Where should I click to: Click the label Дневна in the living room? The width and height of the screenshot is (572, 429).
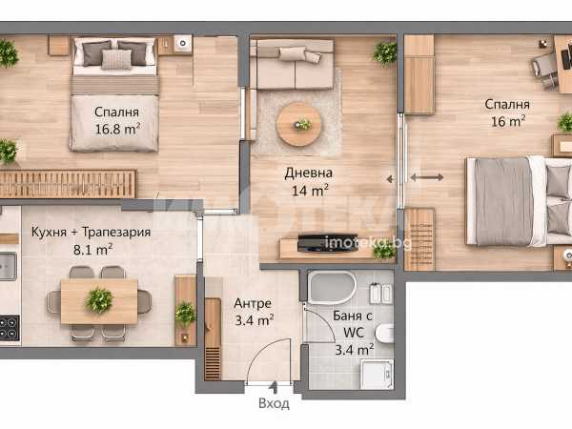point(308,173)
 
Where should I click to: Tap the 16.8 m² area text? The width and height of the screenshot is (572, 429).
point(117,129)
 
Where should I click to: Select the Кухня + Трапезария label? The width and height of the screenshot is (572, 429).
point(91,232)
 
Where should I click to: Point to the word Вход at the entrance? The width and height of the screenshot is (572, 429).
point(274,403)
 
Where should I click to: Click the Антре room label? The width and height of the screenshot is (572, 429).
point(253,303)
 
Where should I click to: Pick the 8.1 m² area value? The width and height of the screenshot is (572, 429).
point(93,250)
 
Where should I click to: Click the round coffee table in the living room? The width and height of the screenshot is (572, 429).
point(298,124)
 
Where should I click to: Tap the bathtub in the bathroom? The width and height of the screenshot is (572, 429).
point(332,288)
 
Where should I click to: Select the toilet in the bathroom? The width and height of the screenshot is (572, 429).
point(384,333)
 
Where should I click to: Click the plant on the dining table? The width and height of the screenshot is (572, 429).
point(99,300)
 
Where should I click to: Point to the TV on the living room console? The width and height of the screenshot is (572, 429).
point(328,242)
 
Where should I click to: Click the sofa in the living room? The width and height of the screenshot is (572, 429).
point(292,64)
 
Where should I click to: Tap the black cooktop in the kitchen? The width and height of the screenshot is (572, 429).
point(10,328)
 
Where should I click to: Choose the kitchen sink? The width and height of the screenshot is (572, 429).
point(8,266)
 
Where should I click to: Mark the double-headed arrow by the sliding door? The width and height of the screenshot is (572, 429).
point(427,177)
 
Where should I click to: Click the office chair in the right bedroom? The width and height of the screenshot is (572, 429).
point(544,70)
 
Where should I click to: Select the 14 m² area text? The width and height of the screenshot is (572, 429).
point(310,190)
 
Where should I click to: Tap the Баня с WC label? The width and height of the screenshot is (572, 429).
point(353,324)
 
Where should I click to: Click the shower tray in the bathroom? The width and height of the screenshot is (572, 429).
point(377,375)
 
